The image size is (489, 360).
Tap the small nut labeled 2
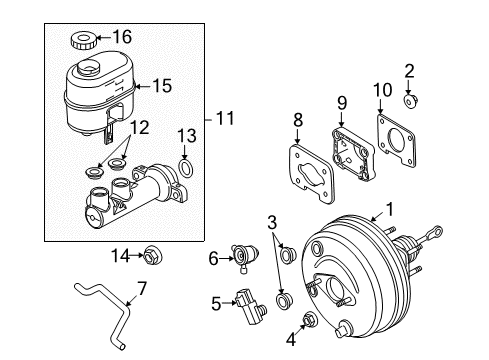pyautogui.click(x=410, y=101)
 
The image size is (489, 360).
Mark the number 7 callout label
pyautogui.click(x=141, y=288)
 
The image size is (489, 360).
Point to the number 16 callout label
pyautogui.click(x=121, y=38)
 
